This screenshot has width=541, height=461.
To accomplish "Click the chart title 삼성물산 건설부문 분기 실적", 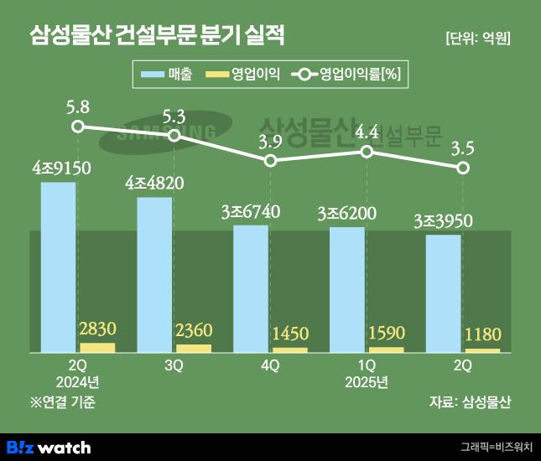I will tap(157, 36).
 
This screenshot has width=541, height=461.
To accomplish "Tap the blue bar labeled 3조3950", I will tap(443, 293).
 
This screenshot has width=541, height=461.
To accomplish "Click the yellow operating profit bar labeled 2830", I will tap(97, 347).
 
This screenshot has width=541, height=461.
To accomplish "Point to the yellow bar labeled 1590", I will tap(386, 349).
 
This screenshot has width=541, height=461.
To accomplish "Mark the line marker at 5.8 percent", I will tap(77, 127).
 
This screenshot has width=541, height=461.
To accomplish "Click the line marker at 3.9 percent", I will tap(270, 159).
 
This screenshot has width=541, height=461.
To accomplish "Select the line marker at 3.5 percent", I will tap(463, 168).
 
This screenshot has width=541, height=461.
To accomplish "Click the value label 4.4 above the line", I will tap(367, 132).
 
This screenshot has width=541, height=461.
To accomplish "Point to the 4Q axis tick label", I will tap(270, 366).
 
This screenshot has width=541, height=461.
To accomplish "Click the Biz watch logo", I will tap(48, 447).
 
